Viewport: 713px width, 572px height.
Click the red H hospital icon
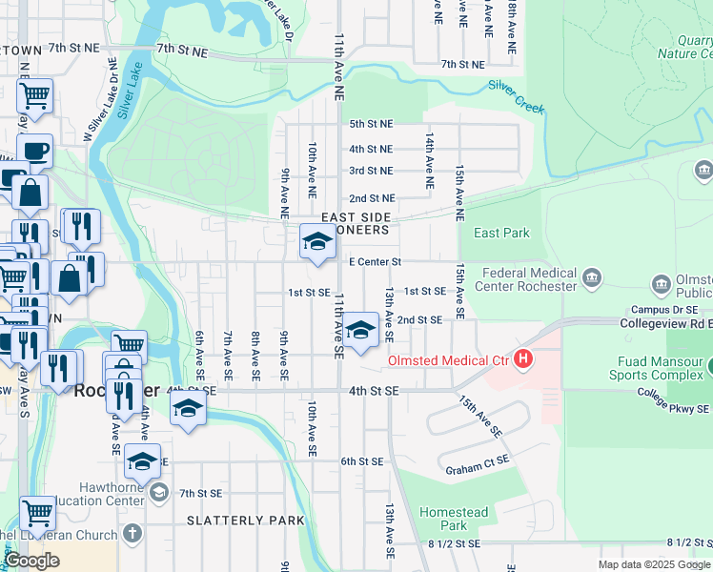click(x=522, y=360)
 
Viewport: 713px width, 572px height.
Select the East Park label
click(x=500, y=234)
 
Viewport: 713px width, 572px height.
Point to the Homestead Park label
click(x=454, y=519)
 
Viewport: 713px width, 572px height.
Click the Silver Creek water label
click(x=516, y=97)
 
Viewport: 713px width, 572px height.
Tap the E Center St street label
click(x=376, y=261)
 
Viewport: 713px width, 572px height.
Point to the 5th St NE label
click(x=371, y=124)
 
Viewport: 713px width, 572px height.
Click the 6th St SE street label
click(x=362, y=461)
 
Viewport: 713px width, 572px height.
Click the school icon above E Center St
click(x=317, y=242)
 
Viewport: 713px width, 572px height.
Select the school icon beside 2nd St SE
click(x=359, y=330)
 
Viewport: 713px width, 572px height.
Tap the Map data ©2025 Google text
click(x=654, y=564)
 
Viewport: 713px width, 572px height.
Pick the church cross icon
click(x=132, y=533)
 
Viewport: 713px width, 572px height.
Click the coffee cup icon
click(x=34, y=151)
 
